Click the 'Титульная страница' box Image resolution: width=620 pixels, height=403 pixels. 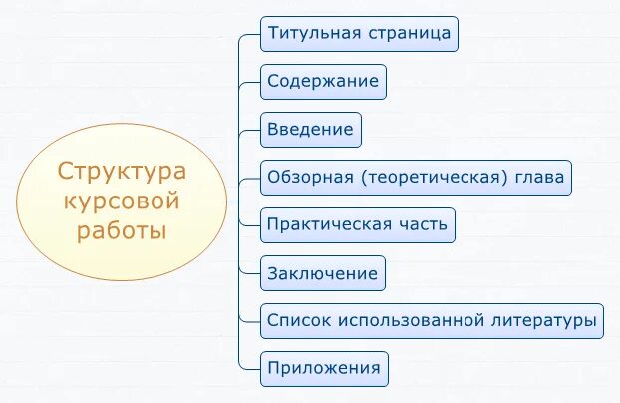[359, 34]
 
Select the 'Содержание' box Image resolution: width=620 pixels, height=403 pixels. [323, 82]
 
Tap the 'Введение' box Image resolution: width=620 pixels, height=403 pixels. [310, 130]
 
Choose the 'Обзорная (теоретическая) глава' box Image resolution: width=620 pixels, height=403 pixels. [416, 178]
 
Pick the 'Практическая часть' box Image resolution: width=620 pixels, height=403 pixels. [358, 225]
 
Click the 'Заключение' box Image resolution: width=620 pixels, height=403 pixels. [322, 273]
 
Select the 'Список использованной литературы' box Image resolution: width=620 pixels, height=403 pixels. [432, 321]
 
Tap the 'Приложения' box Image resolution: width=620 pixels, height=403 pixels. [324, 369]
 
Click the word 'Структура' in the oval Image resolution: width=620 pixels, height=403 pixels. [122, 171]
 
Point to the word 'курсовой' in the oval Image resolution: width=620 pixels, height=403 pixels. [122, 201]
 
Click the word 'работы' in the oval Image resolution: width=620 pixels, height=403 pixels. [122, 231]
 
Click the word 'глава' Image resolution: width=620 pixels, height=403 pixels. [541, 178]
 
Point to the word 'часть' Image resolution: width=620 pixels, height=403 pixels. [425, 225]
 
